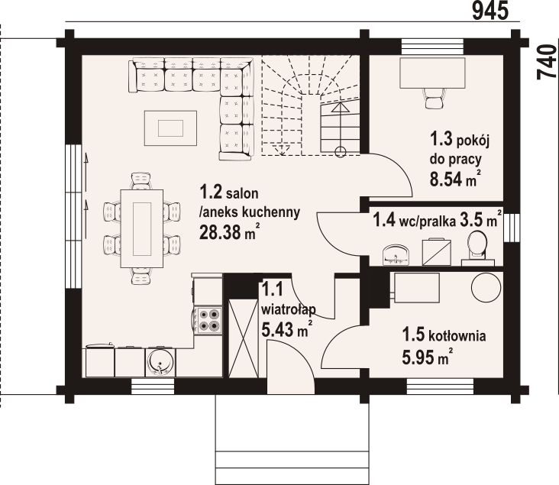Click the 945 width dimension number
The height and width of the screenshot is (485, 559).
pos(490,11)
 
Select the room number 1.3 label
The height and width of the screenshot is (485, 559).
pos(441,139)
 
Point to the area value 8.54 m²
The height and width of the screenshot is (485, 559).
pos(454,178)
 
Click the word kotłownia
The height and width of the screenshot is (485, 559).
pos(457,336)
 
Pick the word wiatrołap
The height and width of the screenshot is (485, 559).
pos(289,309)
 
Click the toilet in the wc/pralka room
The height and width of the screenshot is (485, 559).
pos(477,248)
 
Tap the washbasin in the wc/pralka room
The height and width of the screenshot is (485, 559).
pos(396,254)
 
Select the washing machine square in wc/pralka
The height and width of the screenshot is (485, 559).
pos(436,252)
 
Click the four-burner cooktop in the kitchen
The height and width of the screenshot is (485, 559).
pos(208,320)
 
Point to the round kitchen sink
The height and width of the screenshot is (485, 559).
pos(161,363)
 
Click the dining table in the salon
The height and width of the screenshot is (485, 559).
pos(142,228)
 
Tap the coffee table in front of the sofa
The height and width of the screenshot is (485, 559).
pos(170,128)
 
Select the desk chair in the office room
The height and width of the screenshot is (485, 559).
pos(433,98)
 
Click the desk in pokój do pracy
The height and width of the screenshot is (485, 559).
pos(432,73)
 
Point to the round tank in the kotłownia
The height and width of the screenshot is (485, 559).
pos(486,288)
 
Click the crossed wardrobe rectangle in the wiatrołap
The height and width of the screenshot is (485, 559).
pos(243,338)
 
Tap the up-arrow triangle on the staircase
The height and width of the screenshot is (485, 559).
pos(341,108)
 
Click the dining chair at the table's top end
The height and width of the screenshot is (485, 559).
pos(142,181)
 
